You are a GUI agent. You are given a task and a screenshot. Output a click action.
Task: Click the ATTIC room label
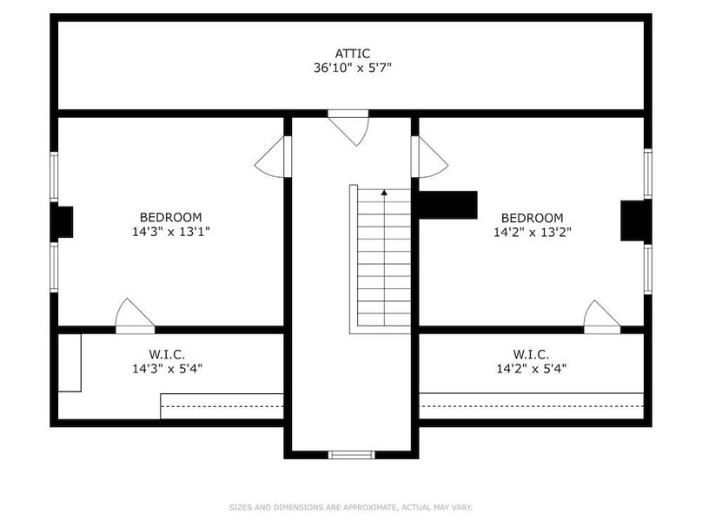click(x=353, y=54)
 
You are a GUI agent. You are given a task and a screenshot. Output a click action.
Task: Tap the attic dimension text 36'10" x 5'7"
click(x=353, y=68)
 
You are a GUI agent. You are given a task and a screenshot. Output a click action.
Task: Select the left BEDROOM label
click(x=170, y=217)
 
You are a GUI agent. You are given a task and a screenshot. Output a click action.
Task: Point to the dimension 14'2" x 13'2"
click(x=533, y=233)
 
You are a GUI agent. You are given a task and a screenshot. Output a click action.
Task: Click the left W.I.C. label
click(x=167, y=355)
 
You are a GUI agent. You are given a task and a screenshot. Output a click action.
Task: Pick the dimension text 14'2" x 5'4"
click(x=532, y=369)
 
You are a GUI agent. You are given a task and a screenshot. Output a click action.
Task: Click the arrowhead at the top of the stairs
click(x=384, y=193)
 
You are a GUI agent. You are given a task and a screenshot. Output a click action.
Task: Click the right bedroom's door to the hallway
click(x=429, y=157)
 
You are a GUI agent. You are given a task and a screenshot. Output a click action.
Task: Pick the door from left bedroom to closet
click(x=135, y=316)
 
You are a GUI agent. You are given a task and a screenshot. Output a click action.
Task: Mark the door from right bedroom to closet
click(x=602, y=317)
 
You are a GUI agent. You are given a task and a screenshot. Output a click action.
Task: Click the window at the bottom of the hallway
click(x=352, y=455)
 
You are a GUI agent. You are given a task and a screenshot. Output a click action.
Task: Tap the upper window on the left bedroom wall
click(x=54, y=176)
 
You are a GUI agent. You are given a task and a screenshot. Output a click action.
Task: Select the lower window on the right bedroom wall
click(x=648, y=269)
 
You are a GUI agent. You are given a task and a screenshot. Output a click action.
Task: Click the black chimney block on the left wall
click(x=62, y=222)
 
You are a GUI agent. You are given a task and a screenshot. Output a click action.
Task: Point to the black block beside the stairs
click(x=447, y=206)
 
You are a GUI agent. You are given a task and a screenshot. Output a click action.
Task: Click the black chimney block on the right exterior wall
click(x=636, y=221)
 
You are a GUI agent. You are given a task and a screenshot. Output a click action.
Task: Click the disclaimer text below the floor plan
click(x=351, y=507)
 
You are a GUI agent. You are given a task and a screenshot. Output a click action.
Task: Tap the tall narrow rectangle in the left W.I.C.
click(x=70, y=363)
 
